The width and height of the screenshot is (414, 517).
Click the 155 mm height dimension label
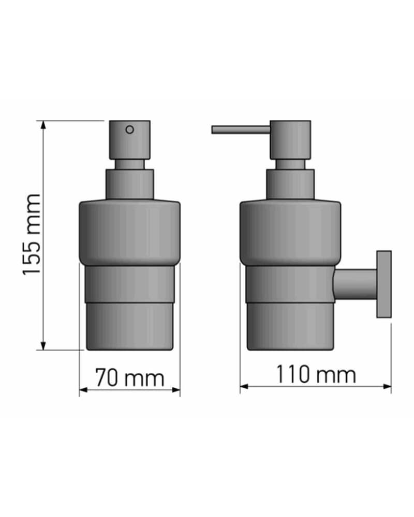pos(32,234)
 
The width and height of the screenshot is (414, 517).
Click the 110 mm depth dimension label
pos(316,374)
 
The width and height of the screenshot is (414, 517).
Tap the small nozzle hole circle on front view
pos(130,130)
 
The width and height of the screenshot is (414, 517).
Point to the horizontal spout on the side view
pos(241,130)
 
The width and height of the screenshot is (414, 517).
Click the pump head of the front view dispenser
pos(130,140)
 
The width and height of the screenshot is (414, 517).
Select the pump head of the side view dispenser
pos(290,140)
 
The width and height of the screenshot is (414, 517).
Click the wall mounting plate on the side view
pos(384,284)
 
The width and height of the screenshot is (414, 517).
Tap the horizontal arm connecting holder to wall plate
pos(355,284)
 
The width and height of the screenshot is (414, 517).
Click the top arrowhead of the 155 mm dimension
pos(43,125)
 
